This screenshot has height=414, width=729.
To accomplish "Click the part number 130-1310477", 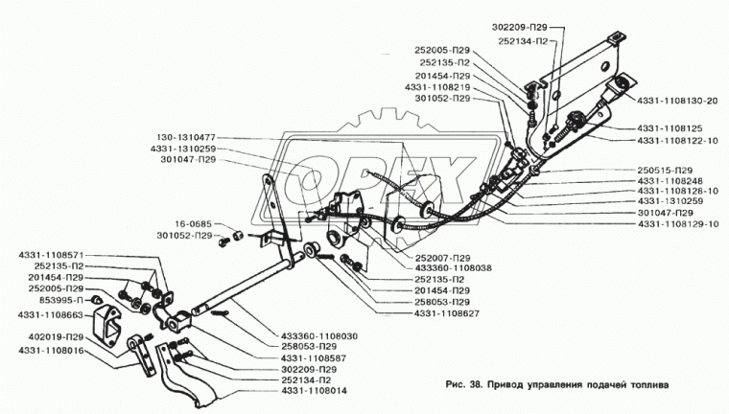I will point(182,137).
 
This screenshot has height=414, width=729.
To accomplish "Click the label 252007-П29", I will point(442,258).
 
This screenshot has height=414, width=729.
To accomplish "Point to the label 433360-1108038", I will point(453,268).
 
